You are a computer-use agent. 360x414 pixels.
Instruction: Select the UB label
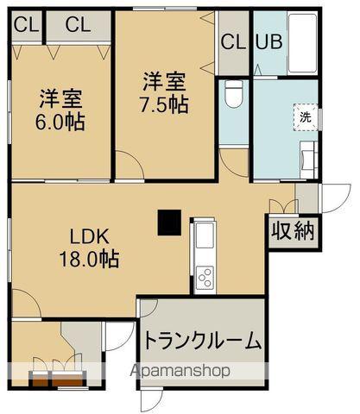[265, 41]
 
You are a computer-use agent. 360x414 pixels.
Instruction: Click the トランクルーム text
[203, 342]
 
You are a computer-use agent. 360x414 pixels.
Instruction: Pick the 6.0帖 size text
[60, 122]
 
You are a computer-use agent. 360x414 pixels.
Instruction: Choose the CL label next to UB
[233, 41]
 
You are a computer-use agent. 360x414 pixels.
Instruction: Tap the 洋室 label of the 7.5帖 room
[165, 82]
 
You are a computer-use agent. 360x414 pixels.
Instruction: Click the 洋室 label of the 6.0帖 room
[58, 97]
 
